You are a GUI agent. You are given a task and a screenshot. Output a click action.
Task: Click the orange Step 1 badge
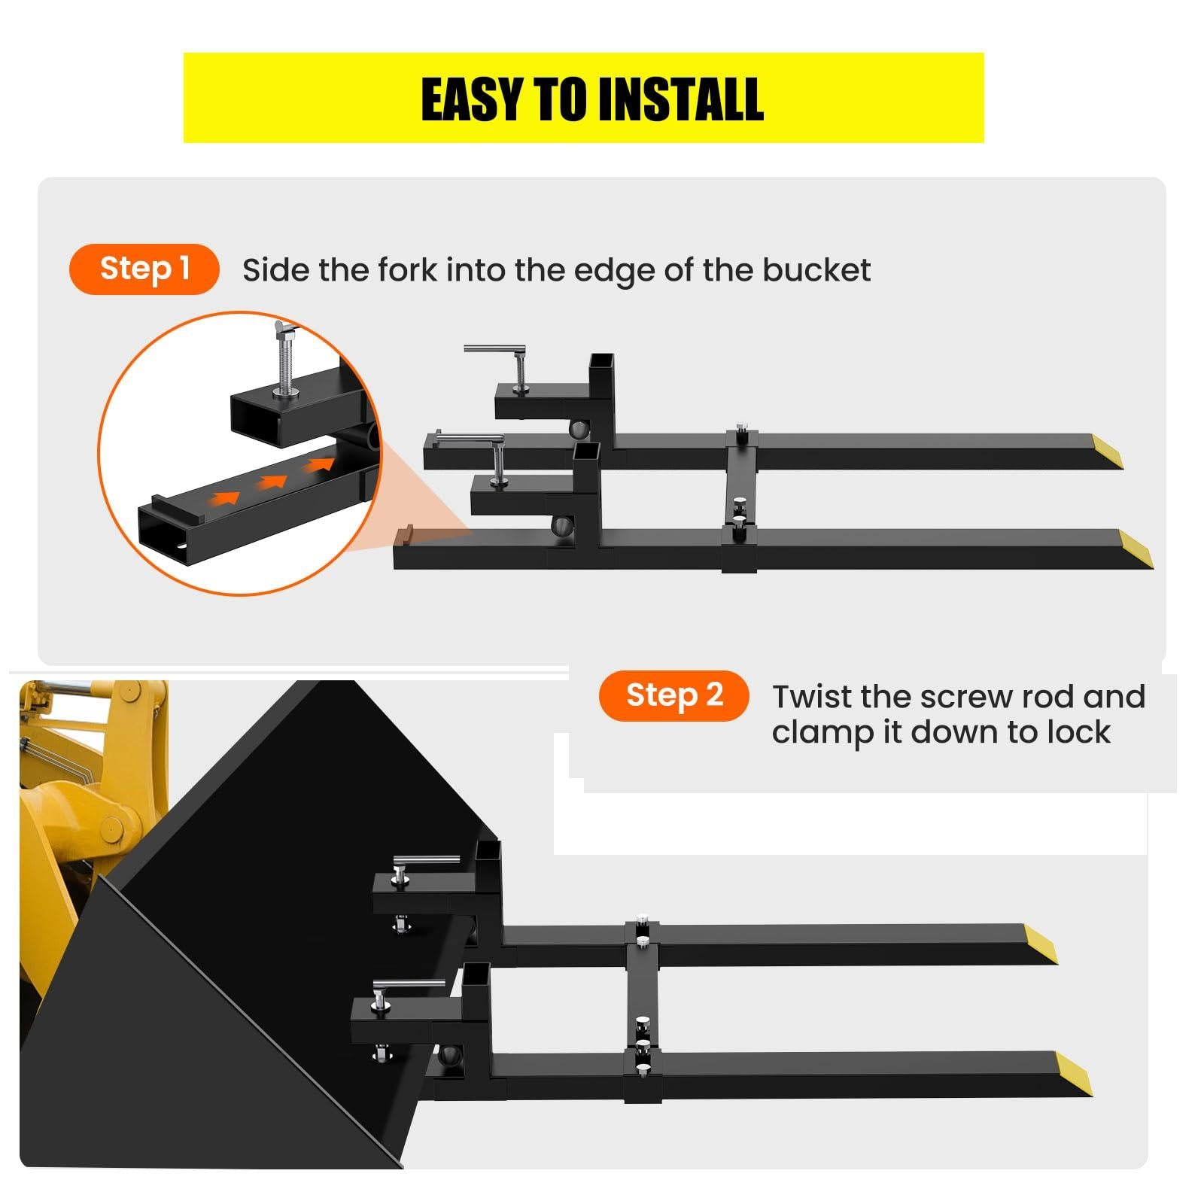[144, 269]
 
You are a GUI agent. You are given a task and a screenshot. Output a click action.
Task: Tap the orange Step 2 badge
[674, 695]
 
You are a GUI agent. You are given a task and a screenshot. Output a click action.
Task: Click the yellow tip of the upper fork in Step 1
[1107, 451]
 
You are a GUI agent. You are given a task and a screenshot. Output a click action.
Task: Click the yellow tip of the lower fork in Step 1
[1136, 549]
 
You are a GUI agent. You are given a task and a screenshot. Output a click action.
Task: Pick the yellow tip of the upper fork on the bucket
[1040, 943]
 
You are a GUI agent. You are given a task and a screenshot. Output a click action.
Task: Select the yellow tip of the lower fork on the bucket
[1073, 1073]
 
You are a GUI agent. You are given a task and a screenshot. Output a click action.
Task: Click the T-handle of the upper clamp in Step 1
[494, 349]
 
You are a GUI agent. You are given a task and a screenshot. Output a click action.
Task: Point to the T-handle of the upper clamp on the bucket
[426, 860]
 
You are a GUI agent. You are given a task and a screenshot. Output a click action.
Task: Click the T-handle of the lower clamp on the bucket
[406, 985]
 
